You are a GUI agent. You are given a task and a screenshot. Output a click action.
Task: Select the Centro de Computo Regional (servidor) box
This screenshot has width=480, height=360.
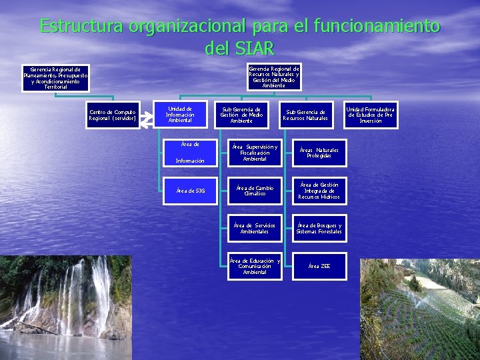click(113, 115)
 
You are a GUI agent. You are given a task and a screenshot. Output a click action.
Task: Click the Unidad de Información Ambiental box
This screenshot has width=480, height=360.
click(179, 115)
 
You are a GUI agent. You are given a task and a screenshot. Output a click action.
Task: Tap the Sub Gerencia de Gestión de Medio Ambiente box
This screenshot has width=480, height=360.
click(241, 115)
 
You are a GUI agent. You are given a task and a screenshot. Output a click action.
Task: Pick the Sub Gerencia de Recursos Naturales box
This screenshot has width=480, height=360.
click(305, 115)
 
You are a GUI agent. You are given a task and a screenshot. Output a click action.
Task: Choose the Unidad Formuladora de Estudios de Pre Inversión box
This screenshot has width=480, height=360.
click(371, 115)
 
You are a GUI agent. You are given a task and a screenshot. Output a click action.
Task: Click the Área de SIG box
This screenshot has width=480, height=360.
click(190, 191)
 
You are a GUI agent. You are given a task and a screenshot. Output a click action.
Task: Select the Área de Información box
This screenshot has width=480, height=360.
click(190, 152)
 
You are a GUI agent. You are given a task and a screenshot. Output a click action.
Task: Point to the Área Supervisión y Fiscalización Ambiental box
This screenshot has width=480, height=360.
click(255, 153)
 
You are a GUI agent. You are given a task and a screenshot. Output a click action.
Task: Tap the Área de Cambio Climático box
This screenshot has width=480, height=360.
click(255, 191)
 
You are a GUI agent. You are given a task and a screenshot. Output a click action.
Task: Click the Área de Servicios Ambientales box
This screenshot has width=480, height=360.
click(255, 229)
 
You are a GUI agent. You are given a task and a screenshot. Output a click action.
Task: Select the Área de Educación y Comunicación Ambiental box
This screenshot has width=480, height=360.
click(255, 266)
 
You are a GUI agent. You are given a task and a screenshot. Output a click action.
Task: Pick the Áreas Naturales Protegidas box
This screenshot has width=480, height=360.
click(319, 153)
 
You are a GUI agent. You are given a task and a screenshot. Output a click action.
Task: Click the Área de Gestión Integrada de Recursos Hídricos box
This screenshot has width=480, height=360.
click(319, 191)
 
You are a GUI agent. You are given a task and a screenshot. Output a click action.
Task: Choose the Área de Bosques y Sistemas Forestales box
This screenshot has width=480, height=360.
click(319, 229)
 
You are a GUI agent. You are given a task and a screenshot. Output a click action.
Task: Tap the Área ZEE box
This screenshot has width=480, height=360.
click(319, 266)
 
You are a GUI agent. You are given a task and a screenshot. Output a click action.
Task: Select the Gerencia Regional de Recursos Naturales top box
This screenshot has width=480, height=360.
click(273, 77)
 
